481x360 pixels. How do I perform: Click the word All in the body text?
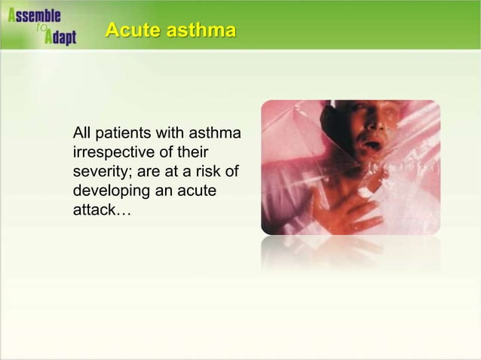coord(81,134)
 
